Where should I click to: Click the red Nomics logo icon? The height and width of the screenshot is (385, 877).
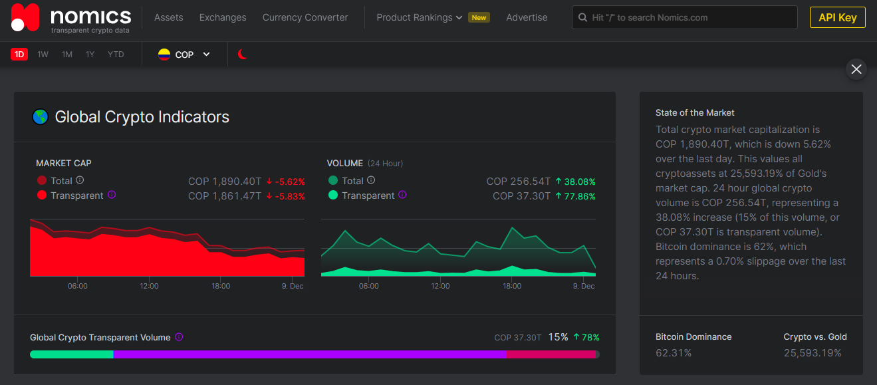click(25, 17)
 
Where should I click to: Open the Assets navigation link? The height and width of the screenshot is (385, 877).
click(168, 18)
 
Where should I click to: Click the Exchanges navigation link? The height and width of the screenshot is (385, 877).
click(223, 18)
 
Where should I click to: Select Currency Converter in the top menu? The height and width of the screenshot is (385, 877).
click(305, 18)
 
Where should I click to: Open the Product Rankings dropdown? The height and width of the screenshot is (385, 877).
click(420, 18)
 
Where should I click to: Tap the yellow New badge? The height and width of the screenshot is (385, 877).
click(479, 18)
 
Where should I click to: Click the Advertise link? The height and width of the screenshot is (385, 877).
click(527, 18)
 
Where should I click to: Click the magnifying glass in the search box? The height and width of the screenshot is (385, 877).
click(582, 18)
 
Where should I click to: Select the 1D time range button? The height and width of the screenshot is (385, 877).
click(19, 55)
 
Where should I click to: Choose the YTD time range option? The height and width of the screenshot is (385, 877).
click(116, 55)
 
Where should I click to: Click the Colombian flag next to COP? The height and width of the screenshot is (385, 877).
click(164, 55)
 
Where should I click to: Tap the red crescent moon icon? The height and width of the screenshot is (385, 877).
click(242, 54)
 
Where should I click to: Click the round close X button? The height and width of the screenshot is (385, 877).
click(856, 69)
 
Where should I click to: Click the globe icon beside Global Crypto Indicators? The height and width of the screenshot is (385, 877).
click(40, 117)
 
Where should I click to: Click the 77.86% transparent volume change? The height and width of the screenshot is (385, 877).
click(576, 196)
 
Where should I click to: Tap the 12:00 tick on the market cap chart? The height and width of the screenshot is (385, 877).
click(149, 286)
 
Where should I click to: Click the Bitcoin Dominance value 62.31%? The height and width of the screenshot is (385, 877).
click(674, 353)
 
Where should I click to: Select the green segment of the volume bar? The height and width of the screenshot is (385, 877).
click(72, 354)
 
